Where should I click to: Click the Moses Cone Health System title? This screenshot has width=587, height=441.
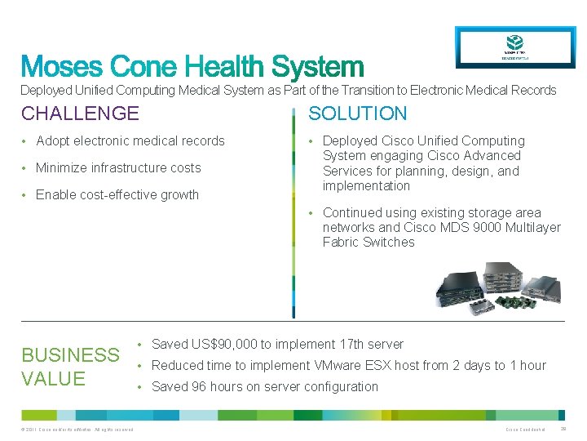(x=192, y=67)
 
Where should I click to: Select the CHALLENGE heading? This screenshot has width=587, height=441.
(x=80, y=114)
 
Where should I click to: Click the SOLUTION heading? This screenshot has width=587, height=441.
(x=357, y=114)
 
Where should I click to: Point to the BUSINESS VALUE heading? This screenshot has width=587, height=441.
(x=70, y=367)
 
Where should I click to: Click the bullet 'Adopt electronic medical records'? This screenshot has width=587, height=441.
(x=130, y=141)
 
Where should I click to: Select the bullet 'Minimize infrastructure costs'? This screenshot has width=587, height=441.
(x=118, y=168)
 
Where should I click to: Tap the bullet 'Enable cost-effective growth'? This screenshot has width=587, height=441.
(x=117, y=195)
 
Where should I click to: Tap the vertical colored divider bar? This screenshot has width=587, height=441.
(x=293, y=212)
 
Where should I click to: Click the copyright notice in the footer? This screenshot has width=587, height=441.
(x=77, y=430)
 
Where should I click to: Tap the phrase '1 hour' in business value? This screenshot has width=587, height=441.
(x=527, y=366)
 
